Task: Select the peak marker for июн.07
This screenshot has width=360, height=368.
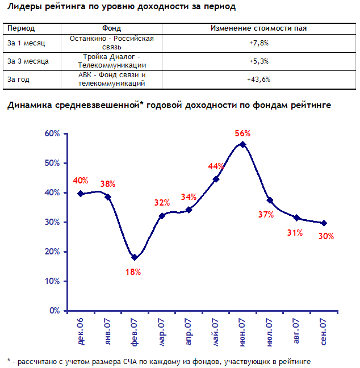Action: tap(242, 144)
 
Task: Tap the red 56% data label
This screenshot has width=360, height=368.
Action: tap(242, 133)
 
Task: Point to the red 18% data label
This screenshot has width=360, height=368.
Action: tap(133, 271)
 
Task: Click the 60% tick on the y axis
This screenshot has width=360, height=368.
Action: tap(52, 133)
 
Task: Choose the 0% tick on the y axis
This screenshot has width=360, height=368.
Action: tap(55, 311)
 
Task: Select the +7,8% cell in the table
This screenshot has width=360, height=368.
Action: tap(258, 43)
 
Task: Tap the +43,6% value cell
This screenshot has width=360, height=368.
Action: tap(258, 79)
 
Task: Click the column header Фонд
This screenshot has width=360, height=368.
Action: tap(111, 28)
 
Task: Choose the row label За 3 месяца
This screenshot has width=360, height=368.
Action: tap(28, 61)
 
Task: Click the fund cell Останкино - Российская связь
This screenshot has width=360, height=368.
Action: tap(111, 43)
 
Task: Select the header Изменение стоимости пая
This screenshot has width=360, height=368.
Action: tap(258, 28)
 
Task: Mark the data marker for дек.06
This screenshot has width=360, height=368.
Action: tap(81, 194)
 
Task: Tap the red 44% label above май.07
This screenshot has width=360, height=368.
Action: tap(216, 166)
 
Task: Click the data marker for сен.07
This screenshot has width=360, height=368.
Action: tap(324, 223)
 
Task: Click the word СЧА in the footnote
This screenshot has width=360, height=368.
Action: tap(138, 361)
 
